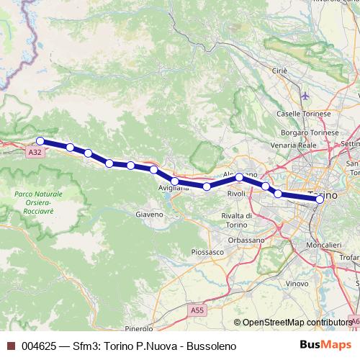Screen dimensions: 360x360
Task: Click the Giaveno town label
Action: [150, 214]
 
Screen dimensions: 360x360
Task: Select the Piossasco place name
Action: [208, 252]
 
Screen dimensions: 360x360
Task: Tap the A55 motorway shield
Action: [197, 310]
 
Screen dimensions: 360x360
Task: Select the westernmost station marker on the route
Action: [40, 141]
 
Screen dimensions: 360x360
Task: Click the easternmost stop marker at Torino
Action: [320, 200]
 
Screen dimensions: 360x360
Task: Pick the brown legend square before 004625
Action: [10, 347]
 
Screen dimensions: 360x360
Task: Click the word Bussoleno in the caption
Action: [209, 347]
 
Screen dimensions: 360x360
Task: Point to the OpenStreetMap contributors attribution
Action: [297, 323]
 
